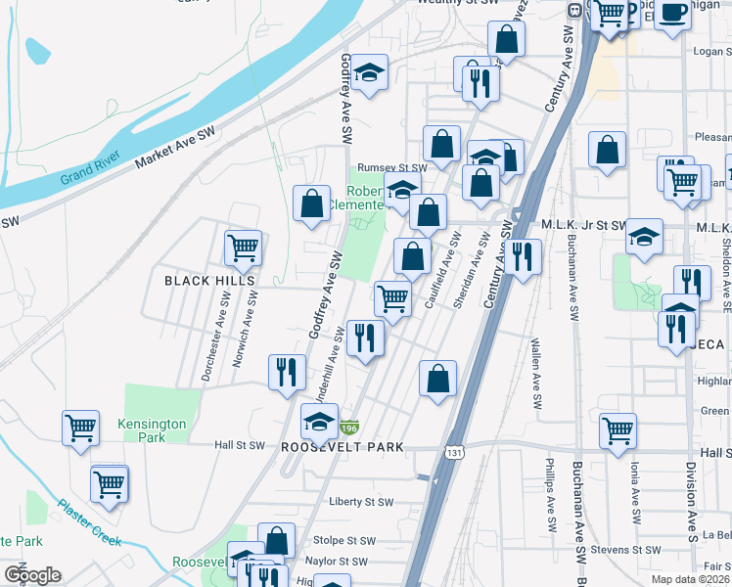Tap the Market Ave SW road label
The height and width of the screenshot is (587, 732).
coord(174,145)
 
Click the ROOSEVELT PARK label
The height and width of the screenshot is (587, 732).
coord(343,447)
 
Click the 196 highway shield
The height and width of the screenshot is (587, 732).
coord(350,429)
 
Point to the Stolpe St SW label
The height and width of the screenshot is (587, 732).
coord(344,540)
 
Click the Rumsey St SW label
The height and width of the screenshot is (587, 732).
coord(391,167)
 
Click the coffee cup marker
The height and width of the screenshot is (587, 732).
coord(673,13)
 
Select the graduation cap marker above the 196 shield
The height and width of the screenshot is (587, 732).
coord(319,422)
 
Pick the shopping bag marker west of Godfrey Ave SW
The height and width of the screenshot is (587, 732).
coord(311,203)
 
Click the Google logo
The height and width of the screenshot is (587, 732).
coord(32,574)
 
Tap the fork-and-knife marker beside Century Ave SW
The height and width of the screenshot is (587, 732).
coord(524,256)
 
